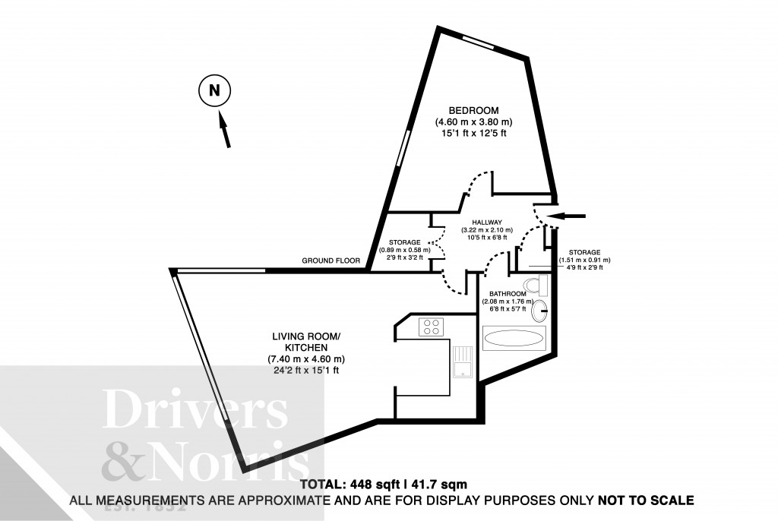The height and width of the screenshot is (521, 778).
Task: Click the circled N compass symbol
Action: pos(214,91)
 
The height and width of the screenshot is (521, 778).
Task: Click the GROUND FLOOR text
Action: pos(330,260)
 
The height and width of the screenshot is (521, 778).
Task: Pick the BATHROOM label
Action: pos(508,294)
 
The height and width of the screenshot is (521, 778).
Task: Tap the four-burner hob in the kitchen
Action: pos(432,327)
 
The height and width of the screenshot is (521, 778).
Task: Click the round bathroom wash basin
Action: pos(541,310)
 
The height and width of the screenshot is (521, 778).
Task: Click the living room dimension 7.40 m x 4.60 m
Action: pos(306,358)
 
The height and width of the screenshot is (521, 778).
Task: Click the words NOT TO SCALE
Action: pos(646,500)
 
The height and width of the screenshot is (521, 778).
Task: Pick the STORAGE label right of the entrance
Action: pos(584,252)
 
